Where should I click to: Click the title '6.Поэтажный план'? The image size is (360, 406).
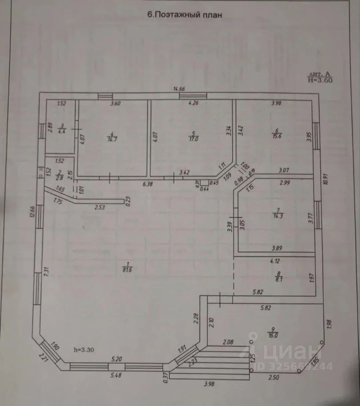click(x=184, y=14)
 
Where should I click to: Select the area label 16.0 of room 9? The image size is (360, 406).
click(x=273, y=336)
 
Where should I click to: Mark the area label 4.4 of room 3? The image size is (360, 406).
click(x=62, y=131)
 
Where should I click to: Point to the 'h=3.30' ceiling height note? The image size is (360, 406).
click(x=83, y=350)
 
